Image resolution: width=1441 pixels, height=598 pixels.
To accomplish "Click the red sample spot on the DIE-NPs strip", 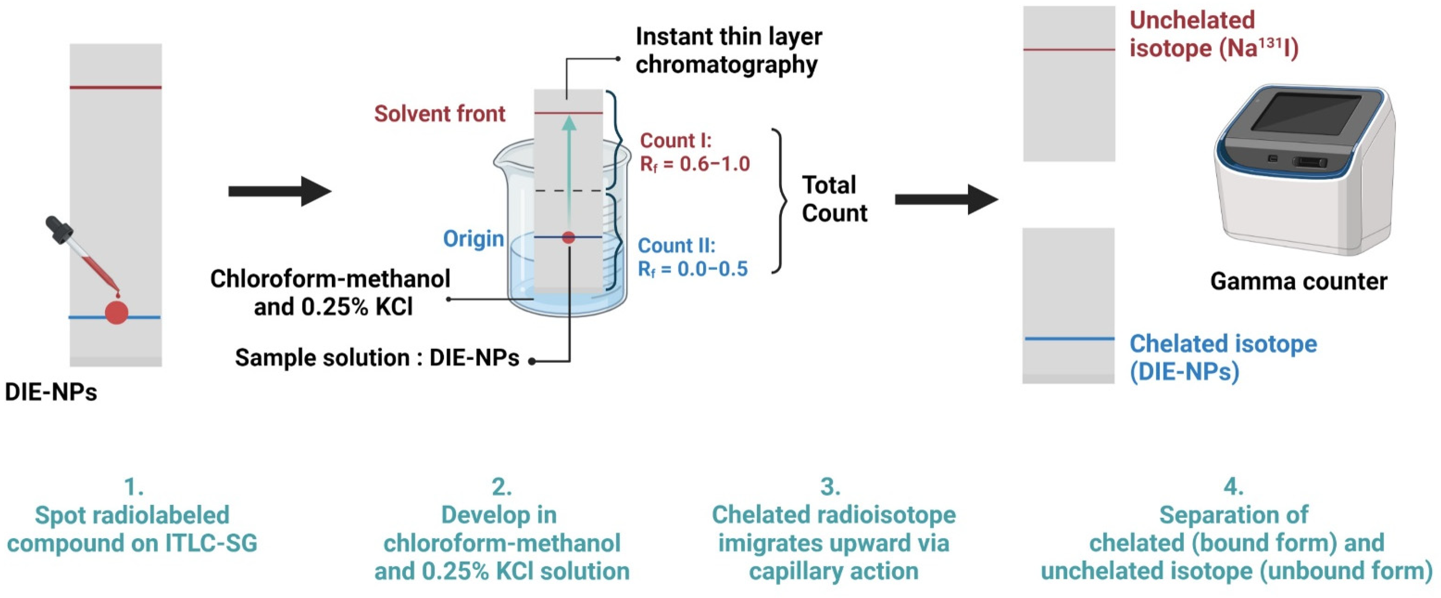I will (x=117, y=312).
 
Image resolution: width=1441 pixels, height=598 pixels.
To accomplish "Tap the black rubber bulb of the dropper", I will (x=58, y=229).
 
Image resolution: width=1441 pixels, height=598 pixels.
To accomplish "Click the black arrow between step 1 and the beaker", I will (x=280, y=191).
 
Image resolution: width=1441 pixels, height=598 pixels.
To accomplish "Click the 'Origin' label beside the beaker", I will (x=473, y=239).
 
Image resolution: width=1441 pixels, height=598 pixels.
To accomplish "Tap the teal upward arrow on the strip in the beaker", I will (x=568, y=168).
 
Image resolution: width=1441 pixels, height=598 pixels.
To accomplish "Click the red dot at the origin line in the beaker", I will (x=568, y=237).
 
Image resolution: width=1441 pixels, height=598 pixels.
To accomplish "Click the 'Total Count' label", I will (x=834, y=199).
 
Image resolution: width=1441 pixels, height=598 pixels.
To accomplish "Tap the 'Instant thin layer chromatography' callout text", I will (x=728, y=50).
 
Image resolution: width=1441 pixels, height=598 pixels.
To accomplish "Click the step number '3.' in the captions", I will (x=830, y=486).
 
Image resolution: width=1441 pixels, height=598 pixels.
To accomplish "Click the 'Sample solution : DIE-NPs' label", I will (x=376, y=358).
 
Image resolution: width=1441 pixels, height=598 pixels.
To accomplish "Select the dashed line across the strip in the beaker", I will (x=568, y=191).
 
